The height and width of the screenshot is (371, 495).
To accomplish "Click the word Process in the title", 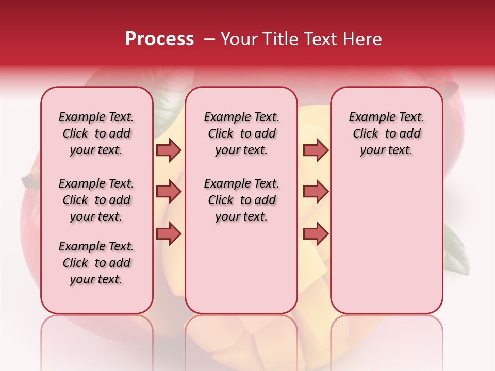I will [159, 39].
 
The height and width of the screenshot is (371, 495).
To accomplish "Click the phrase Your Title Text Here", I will [301, 39].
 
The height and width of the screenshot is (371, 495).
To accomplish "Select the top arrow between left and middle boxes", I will [169, 150].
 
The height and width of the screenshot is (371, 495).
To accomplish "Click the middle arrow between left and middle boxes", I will [169, 192].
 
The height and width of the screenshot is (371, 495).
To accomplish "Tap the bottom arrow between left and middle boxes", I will [169, 233].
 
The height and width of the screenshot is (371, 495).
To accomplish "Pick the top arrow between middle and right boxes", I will [316, 150].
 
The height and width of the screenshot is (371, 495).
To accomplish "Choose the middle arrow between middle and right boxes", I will [316, 192].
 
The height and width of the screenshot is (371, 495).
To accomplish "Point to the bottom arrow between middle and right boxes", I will [316, 233].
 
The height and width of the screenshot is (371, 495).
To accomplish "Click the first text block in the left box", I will [96, 133].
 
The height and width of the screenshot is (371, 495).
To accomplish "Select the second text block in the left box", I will [96, 200].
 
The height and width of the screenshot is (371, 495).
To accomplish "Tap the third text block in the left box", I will [96, 263].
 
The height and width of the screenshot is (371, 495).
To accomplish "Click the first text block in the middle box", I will [241, 133].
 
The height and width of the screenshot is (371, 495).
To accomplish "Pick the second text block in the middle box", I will [241, 200].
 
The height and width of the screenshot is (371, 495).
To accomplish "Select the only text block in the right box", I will [386, 133].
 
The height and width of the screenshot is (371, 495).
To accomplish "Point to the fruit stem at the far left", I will [30, 181].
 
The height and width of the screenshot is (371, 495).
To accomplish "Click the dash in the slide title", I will [209, 39].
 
